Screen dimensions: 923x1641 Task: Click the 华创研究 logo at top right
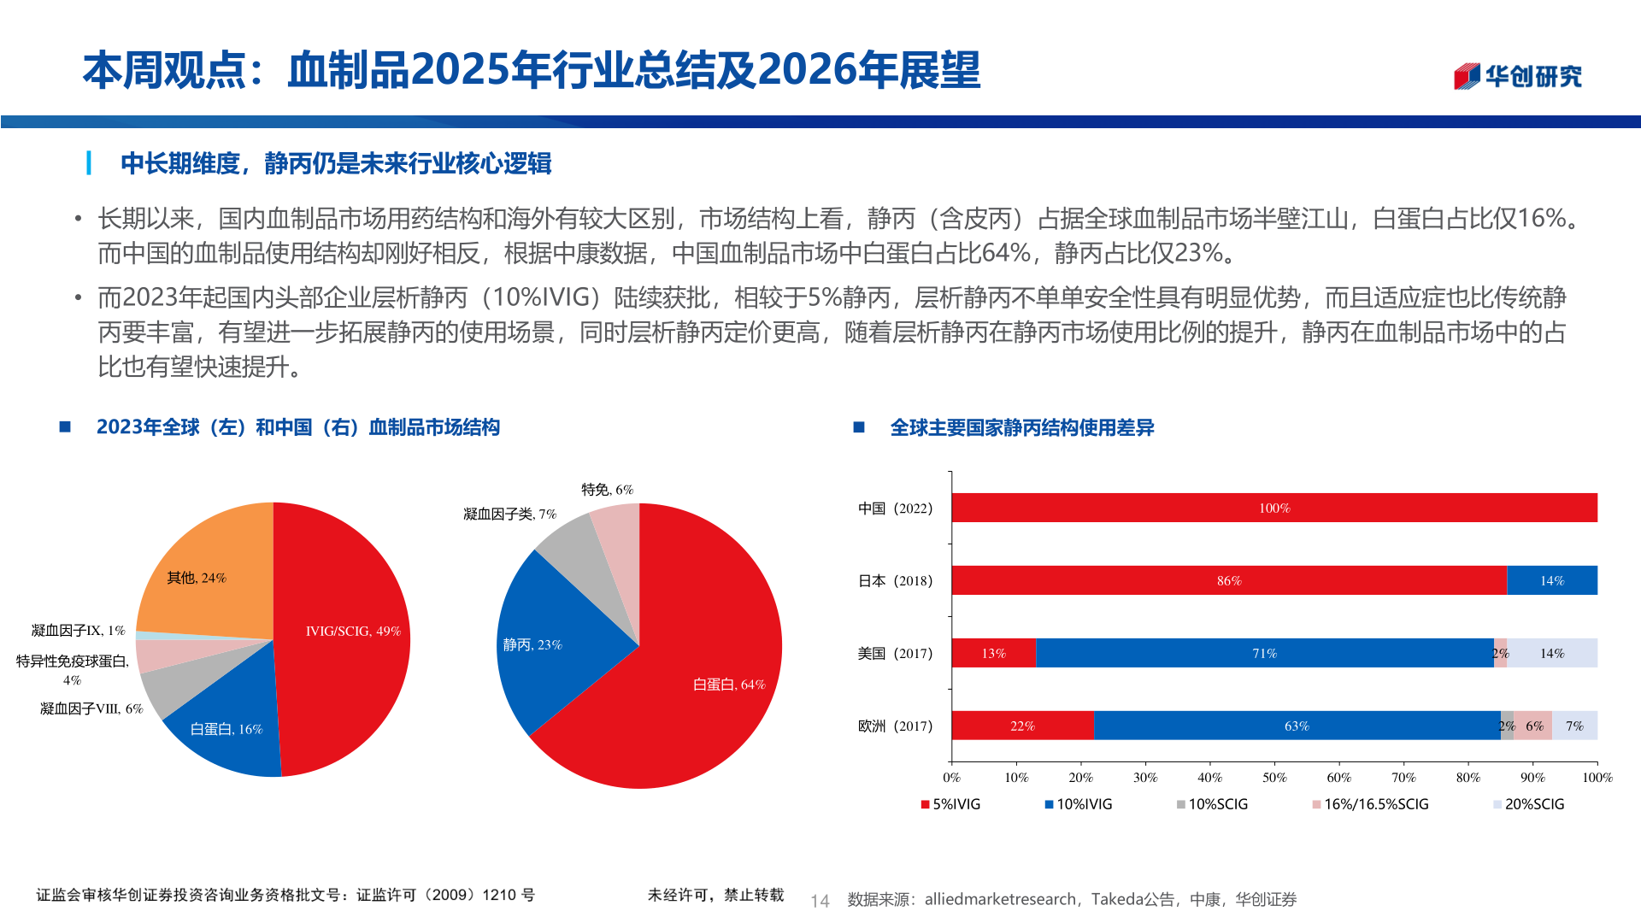pos(1518,76)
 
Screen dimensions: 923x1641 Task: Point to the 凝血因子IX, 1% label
pos(78,631)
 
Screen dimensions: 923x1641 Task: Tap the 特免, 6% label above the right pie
pos(607,490)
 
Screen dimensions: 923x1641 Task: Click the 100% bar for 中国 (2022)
pos(1273,508)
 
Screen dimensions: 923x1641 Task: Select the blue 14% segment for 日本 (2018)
pos(1551,580)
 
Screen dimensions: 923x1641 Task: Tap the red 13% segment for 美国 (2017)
pos(993,653)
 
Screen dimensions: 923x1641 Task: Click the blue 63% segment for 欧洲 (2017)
pos(1296,726)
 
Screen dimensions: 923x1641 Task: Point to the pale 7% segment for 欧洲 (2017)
pos(1574,726)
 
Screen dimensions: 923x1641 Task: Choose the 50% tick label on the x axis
pos(1273,778)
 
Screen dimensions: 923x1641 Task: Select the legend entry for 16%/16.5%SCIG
pos(1371,804)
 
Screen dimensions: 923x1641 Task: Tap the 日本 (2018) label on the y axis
pos(895,581)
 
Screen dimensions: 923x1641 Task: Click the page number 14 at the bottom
pos(820,901)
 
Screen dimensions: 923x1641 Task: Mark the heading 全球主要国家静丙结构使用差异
pos(1021,427)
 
